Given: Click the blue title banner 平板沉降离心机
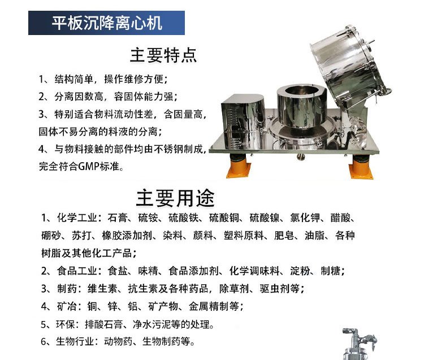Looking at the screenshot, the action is [106, 23].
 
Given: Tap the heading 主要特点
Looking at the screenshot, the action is [163, 55].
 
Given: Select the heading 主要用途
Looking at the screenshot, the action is [175, 198].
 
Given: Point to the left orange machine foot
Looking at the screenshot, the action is [239, 166].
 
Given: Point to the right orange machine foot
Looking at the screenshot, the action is [361, 167].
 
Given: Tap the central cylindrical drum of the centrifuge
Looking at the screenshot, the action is [301, 106].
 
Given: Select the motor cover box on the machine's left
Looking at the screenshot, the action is [243, 122].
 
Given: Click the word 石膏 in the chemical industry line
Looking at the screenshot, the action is [117, 218].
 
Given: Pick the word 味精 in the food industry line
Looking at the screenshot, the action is [148, 271].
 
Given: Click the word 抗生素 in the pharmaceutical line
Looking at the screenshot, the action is [143, 289].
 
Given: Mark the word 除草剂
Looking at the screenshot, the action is [234, 289].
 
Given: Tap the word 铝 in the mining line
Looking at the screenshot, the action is [133, 306].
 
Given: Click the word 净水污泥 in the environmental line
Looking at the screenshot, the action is [152, 324].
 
